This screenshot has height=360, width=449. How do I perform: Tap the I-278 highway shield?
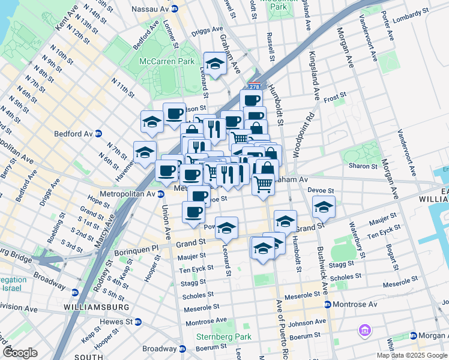coord(255,86)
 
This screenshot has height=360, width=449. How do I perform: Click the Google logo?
coord(20,352)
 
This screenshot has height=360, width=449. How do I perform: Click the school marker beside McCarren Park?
coord(214,62)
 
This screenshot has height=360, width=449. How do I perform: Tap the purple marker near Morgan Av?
coord(363,329)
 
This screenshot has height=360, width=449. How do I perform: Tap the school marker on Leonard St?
coord(226,227)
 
